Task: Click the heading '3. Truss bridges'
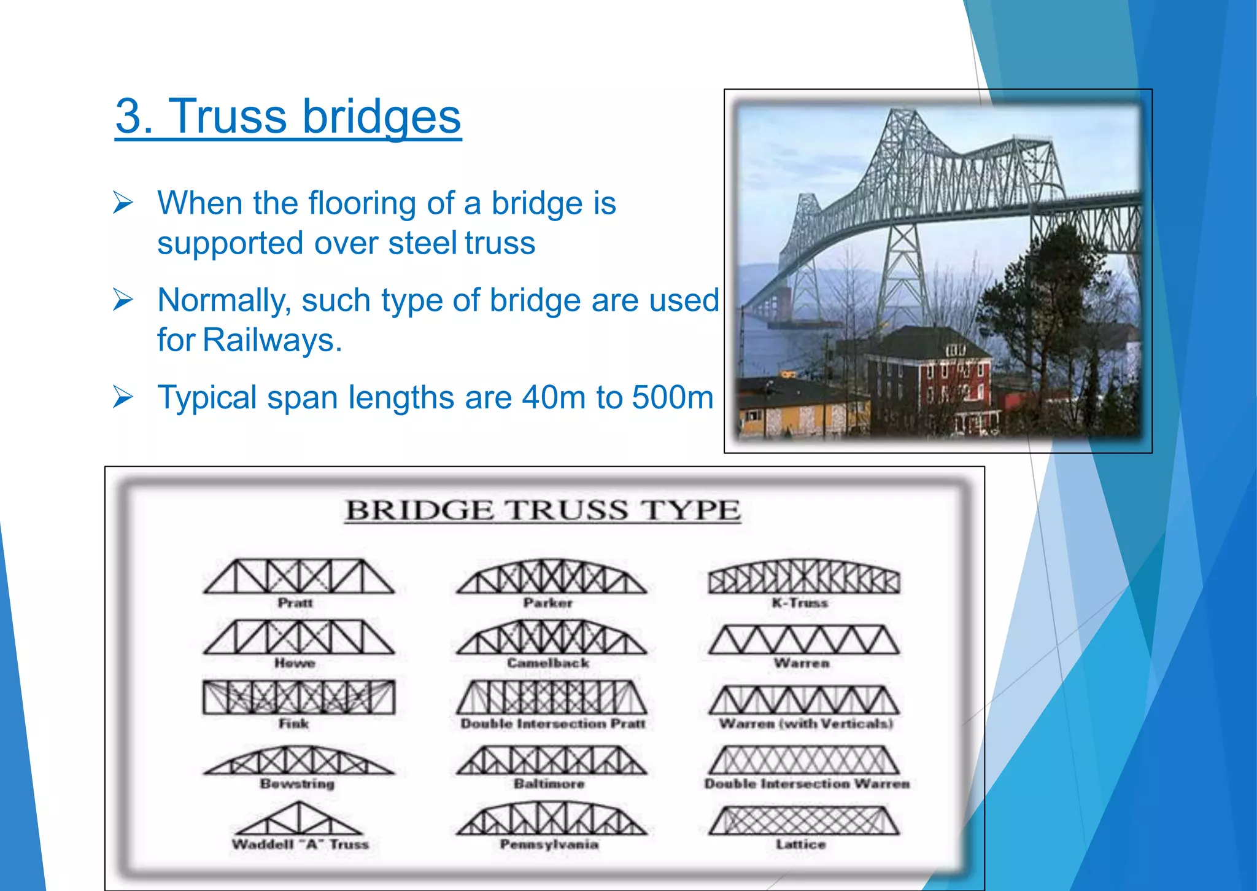pyautogui.click(x=288, y=117)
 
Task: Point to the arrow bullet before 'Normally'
pyautogui.click(x=123, y=300)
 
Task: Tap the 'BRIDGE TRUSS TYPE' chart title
pyautogui.click(x=543, y=511)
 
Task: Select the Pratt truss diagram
pyautogui.click(x=298, y=577)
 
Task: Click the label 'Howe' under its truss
pyautogui.click(x=295, y=663)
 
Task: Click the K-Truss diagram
pyautogui.click(x=803, y=577)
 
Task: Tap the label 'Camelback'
pyautogui.click(x=548, y=663)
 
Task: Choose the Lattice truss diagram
pyautogui.click(x=803, y=821)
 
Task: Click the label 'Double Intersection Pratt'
pyautogui.click(x=552, y=724)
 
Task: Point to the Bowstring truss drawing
pyautogui.click(x=298, y=761)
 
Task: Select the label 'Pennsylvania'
pyautogui.click(x=549, y=844)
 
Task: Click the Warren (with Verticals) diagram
pyautogui.click(x=803, y=700)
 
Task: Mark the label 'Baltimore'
pyautogui.click(x=549, y=784)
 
